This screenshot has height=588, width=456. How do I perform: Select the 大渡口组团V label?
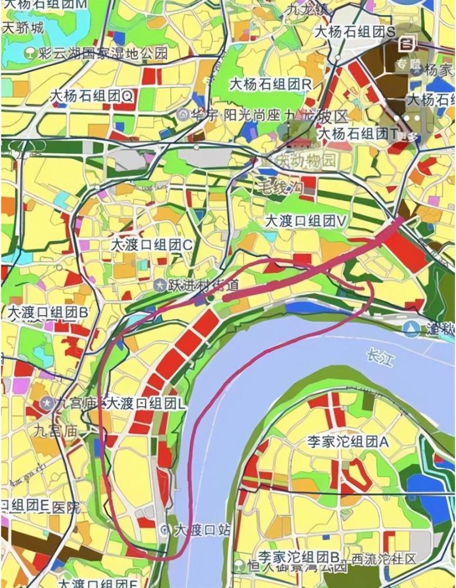307,221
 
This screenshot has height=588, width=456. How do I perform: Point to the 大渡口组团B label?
47,312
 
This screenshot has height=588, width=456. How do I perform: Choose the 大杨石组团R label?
271,84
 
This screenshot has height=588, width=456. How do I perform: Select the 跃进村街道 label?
204,285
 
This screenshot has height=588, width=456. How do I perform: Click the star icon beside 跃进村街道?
159,285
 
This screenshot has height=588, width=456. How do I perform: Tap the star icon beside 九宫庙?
46,403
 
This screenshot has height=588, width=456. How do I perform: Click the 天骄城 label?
23,28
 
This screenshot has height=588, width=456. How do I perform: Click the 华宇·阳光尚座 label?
237,115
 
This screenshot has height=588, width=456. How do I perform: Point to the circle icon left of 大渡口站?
164,530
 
